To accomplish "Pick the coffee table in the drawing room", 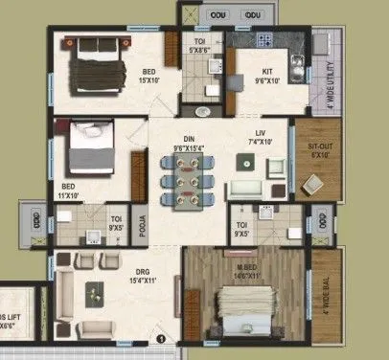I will click(94, 292).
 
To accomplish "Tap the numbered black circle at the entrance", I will click(163, 337).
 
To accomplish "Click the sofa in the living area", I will click(251, 187).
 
